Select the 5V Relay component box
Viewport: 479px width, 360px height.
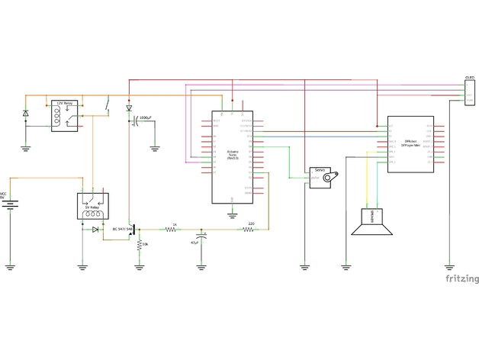[94, 207]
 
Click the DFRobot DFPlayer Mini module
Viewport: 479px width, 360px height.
[410, 144]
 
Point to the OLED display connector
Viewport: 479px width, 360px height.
[469, 92]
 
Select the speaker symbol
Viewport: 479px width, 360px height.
[373, 223]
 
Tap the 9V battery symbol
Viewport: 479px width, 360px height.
[10, 204]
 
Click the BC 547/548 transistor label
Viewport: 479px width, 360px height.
[121, 228]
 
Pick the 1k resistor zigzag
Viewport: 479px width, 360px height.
[173, 229]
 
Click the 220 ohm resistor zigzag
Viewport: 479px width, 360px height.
[249, 229]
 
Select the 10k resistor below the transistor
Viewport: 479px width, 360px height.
[139, 245]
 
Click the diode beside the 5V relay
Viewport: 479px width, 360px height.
[95, 229]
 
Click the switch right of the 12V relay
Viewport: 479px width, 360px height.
[108, 104]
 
